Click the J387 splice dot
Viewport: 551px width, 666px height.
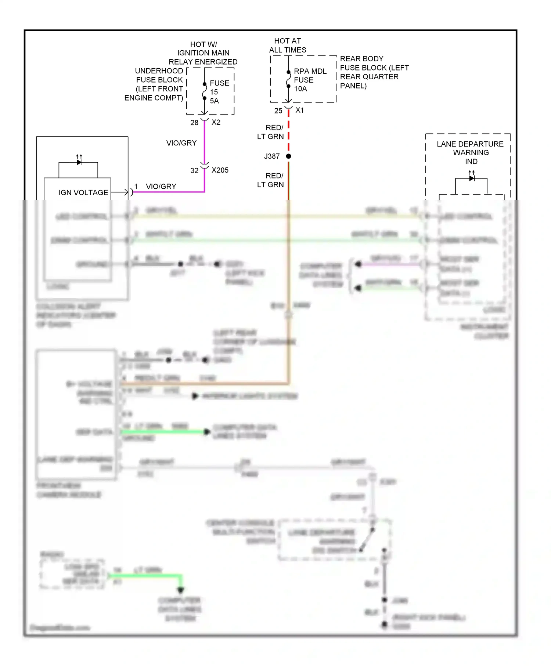coord(288,156)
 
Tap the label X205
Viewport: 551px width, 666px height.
coord(220,170)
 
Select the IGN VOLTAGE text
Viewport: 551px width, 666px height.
coord(83,193)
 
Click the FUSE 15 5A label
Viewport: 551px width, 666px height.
coord(219,92)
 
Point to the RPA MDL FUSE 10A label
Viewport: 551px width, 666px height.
coord(310,80)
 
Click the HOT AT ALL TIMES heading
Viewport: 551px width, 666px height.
coord(288,46)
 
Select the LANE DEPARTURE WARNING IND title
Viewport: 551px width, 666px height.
coord(470,153)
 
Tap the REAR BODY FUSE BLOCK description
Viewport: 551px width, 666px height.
coord(374,72)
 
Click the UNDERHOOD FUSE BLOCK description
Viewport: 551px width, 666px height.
coord(155,84)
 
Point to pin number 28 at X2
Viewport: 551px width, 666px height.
coord(194,123)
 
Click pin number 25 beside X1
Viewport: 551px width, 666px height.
coord(278,111)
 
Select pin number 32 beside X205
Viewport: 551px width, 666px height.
coord(194,171)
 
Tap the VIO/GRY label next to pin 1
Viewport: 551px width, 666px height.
coord(161,187)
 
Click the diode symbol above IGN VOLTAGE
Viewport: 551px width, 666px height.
coord(79,162)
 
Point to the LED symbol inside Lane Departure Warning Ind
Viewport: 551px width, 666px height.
coord(472,178)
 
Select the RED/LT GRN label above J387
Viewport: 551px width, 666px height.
coord(271,132)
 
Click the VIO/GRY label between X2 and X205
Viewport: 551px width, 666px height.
coord(181,143)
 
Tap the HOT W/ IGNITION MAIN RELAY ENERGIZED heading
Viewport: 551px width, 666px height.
coord(203,53)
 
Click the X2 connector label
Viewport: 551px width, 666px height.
coord(216,122)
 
